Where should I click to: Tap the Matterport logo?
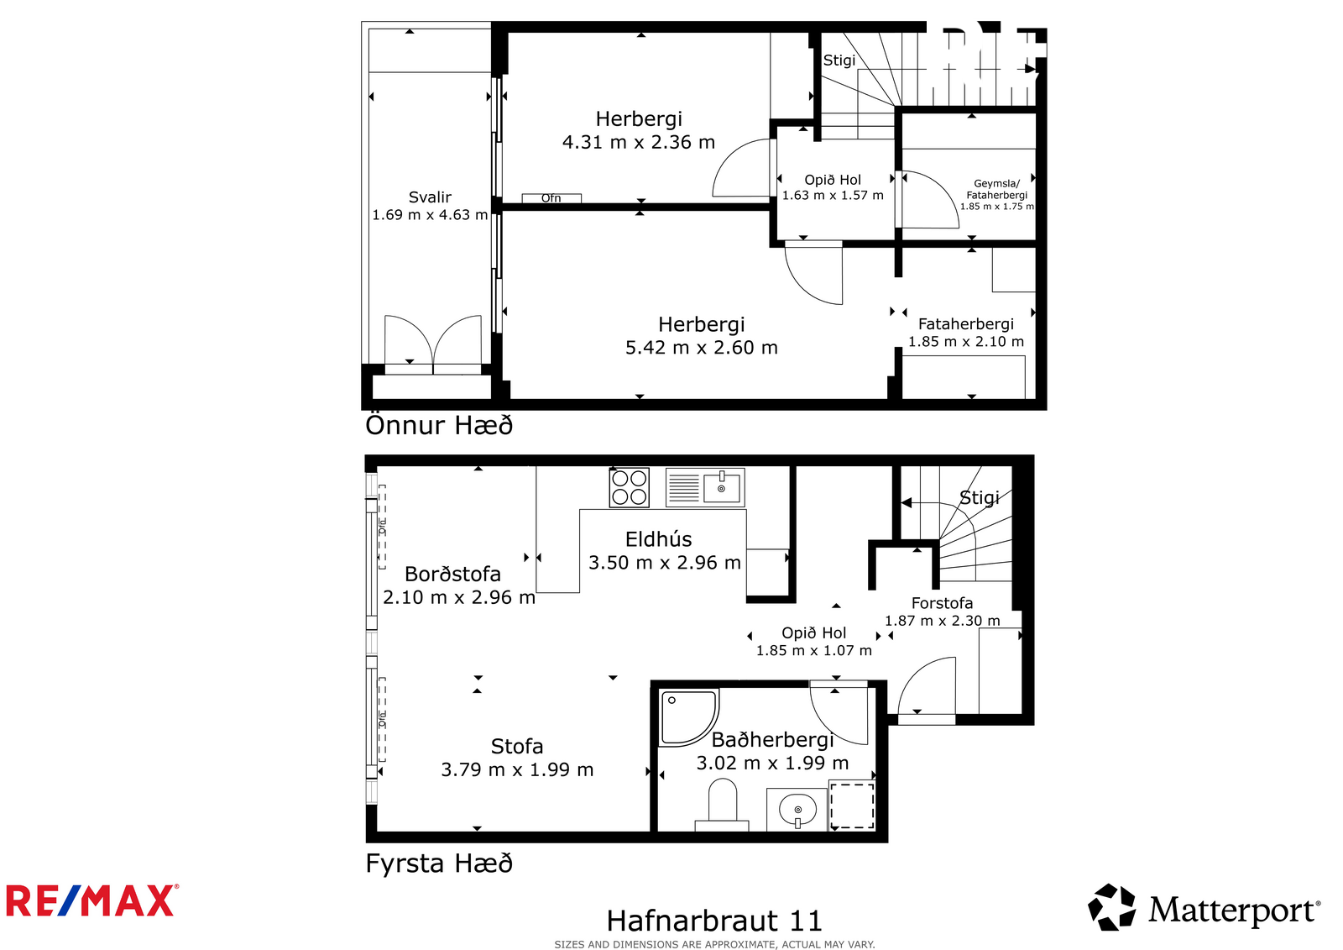[1204, 907]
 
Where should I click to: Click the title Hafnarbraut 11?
[714, 920]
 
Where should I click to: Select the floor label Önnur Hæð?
[439, 425]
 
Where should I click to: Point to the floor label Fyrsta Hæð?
[439, 863]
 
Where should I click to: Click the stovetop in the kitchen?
[629, 487]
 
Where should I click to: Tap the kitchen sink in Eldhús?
[705, 487]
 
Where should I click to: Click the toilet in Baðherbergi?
[722, 805]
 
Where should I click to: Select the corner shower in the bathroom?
[688, 718]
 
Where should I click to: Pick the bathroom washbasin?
[797, 810]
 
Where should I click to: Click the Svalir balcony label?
[430, 197]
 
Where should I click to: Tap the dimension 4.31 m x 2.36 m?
[639, 142]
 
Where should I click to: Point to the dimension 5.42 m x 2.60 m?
[702, 348]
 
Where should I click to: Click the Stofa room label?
[517, 746]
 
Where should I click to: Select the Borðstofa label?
[452, 574]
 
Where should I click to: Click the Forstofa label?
[942, 602]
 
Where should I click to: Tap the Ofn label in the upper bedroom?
[551, 198]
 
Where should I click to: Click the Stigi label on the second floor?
[839, 60]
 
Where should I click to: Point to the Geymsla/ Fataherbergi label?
[996, 189]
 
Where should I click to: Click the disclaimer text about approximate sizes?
[714, 944]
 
